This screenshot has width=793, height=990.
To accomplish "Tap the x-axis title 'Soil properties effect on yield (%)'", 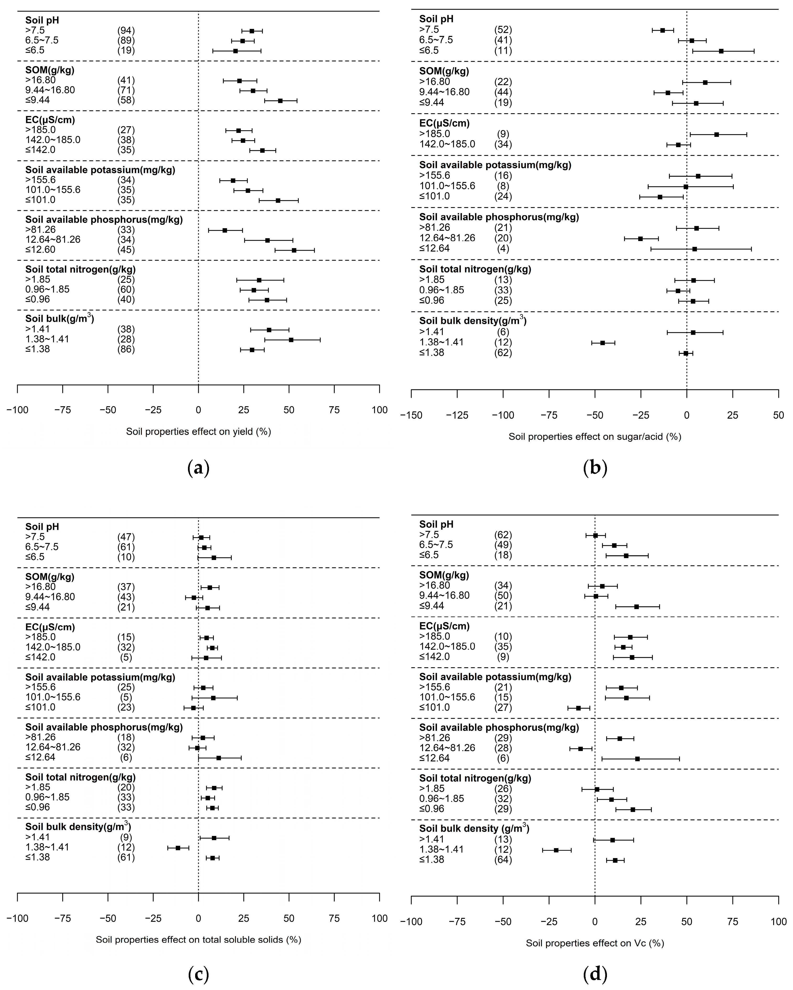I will click(x=198, y=432).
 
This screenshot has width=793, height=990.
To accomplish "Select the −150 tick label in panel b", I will click(x=411, y=415).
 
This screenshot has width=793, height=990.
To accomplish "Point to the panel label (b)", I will click(x=595, y=468).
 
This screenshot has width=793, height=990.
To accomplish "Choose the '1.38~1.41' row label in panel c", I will click(x=47, y=847).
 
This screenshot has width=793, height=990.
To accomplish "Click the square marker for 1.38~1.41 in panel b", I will click(x=602, y=343).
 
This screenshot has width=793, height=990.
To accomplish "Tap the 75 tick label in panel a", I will click(x=334, y=410).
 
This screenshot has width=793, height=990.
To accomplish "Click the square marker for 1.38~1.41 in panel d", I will click(x=556, y=850).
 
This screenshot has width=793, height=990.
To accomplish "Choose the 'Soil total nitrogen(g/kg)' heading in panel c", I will click(x=80, y=777).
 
